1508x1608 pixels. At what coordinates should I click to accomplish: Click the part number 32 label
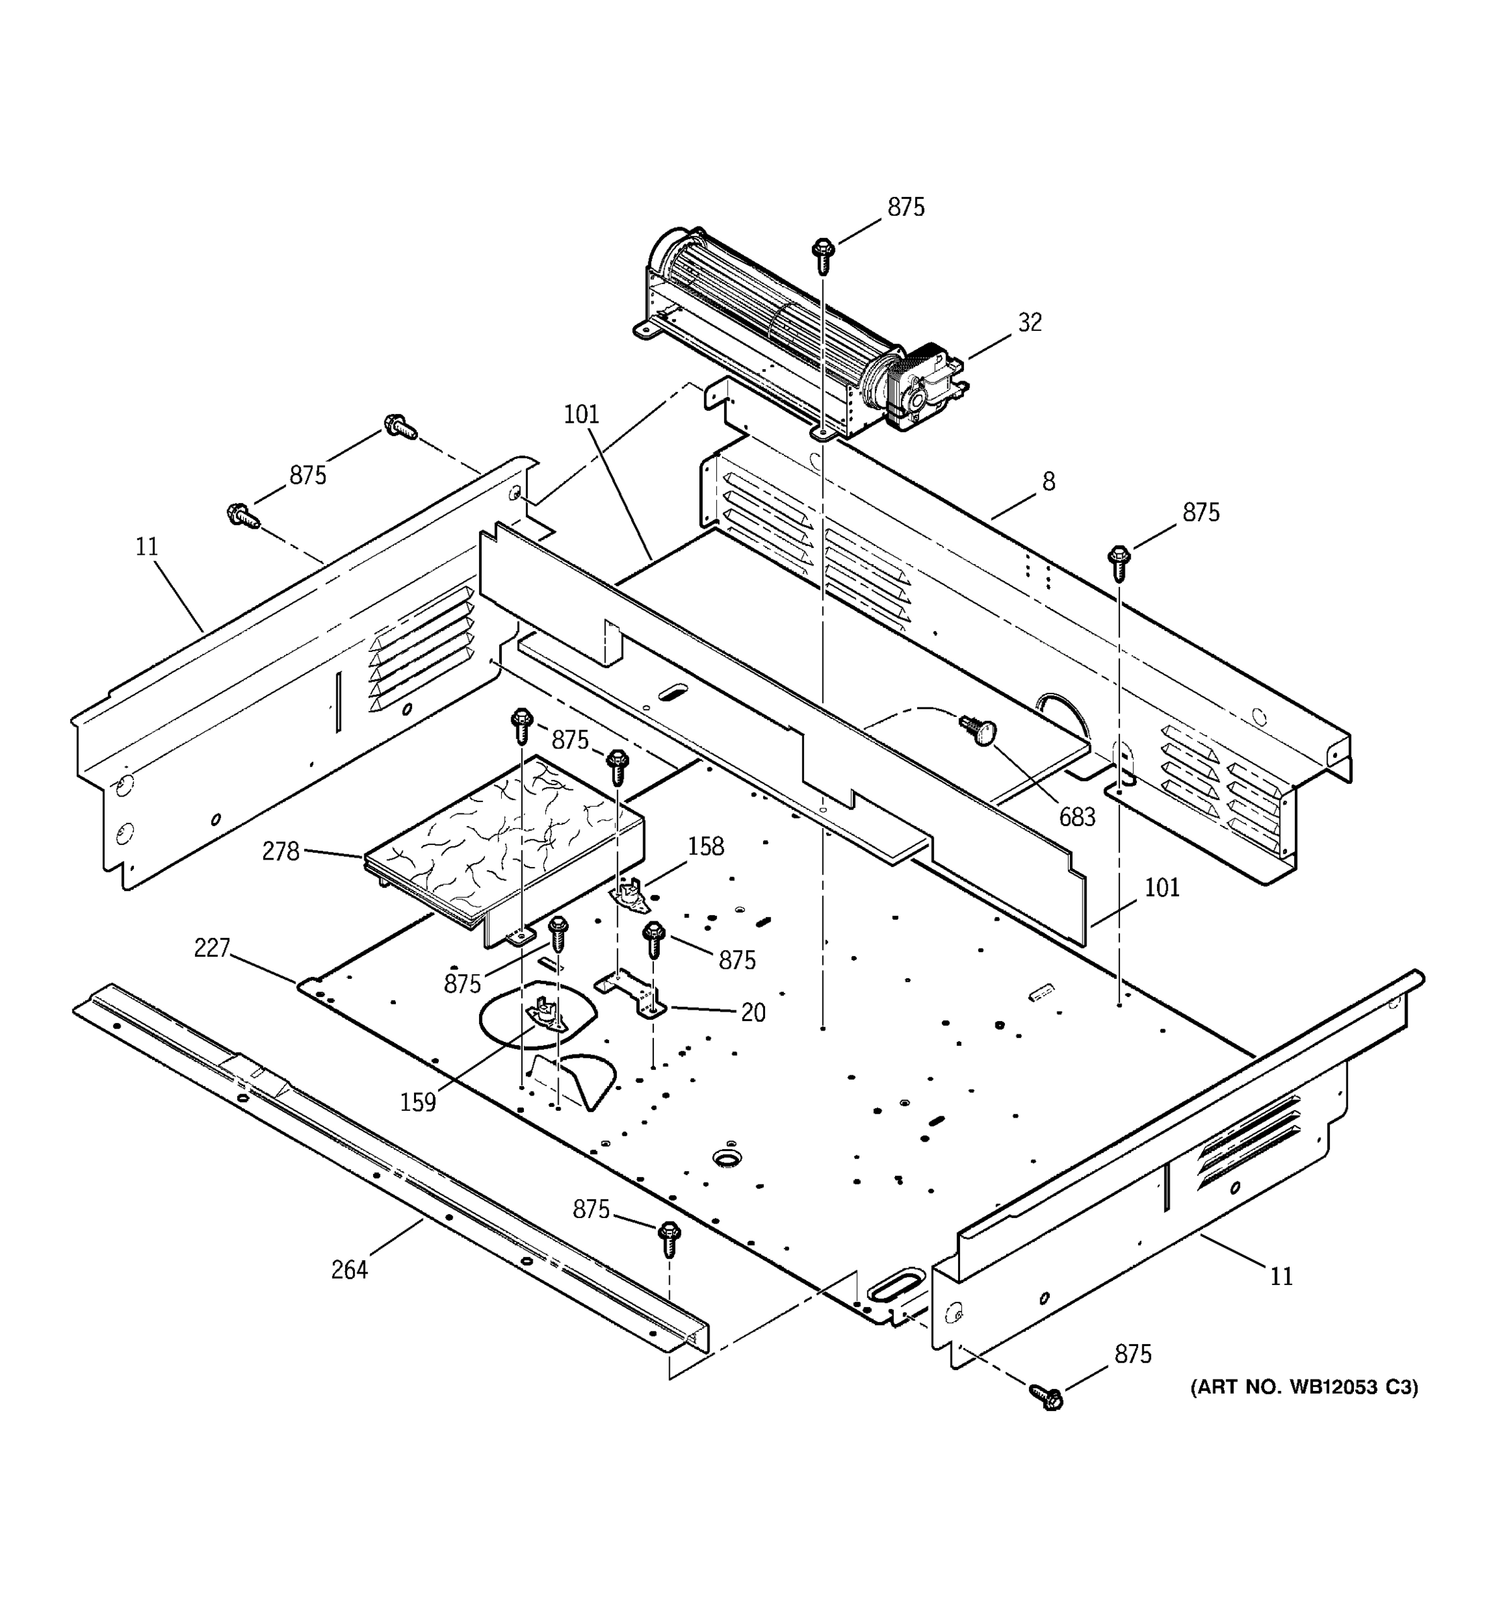click(x=1029, y=323)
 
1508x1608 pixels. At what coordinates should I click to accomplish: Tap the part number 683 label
click(x=1077, y=817)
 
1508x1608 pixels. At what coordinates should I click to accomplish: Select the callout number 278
click(x=281, y=852)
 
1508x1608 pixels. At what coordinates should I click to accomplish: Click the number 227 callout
click(x=212, y=948)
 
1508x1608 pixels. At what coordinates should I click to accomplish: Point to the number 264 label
click(x=349, y=1270)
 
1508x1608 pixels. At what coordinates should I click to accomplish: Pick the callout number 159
click(x=418, y=1102)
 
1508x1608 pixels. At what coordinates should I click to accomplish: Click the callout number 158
click(x=706, y=847)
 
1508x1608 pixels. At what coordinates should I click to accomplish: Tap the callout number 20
click(x=753, y=1012)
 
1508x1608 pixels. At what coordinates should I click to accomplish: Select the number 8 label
click(x=1048, y=482)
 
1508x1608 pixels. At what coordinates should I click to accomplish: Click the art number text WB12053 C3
click(x=1304, y=1387)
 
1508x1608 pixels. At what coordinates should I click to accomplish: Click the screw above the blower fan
click(x=822, y=255)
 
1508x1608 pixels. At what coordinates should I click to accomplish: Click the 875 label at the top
click(x=906, y=208)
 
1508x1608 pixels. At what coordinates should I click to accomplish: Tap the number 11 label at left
click(x=146, y=547)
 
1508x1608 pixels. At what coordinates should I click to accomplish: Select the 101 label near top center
click(x=581, y=415)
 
